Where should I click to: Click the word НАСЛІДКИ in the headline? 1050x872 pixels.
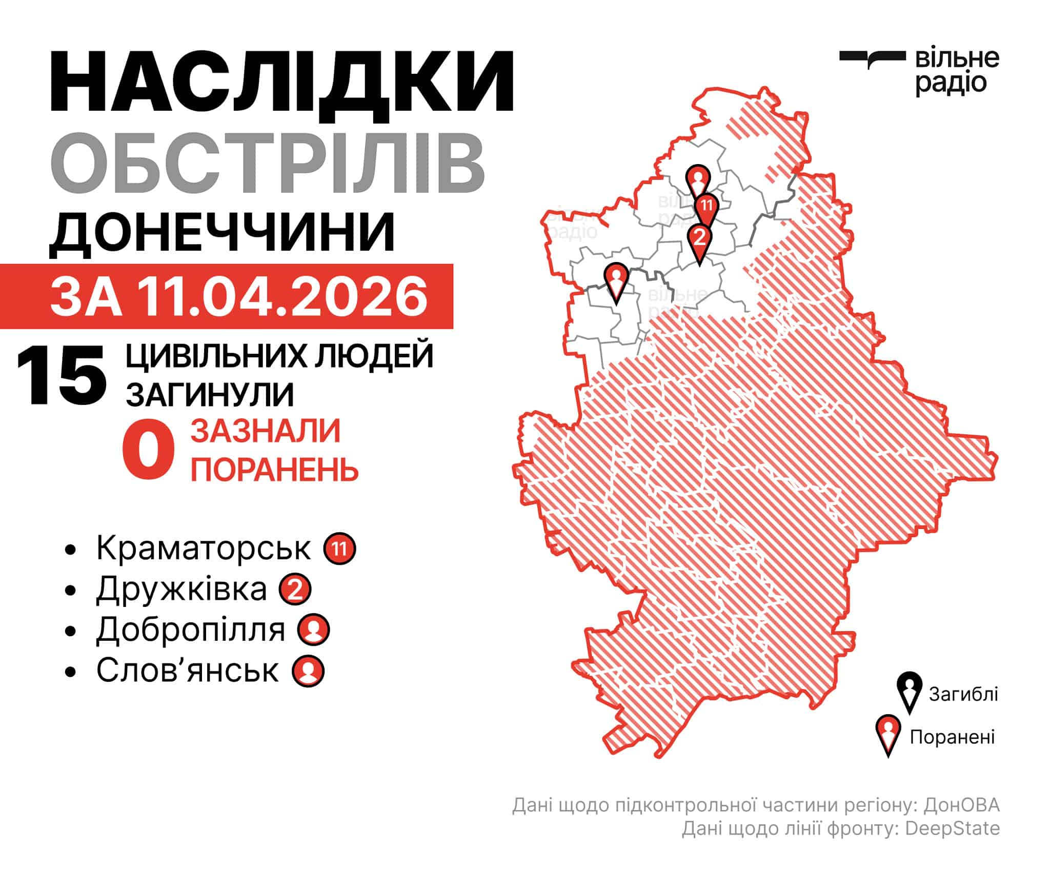282,82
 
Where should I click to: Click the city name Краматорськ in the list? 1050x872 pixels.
203,549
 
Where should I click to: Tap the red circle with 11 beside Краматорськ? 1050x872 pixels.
339,549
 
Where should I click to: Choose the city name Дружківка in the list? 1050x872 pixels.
181,589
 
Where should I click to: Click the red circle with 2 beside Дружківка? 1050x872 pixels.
295,590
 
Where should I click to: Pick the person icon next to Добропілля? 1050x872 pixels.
313,630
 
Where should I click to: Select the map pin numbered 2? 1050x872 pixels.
700,238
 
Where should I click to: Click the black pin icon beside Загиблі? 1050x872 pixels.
910,692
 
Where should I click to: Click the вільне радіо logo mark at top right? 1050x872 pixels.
872,58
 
